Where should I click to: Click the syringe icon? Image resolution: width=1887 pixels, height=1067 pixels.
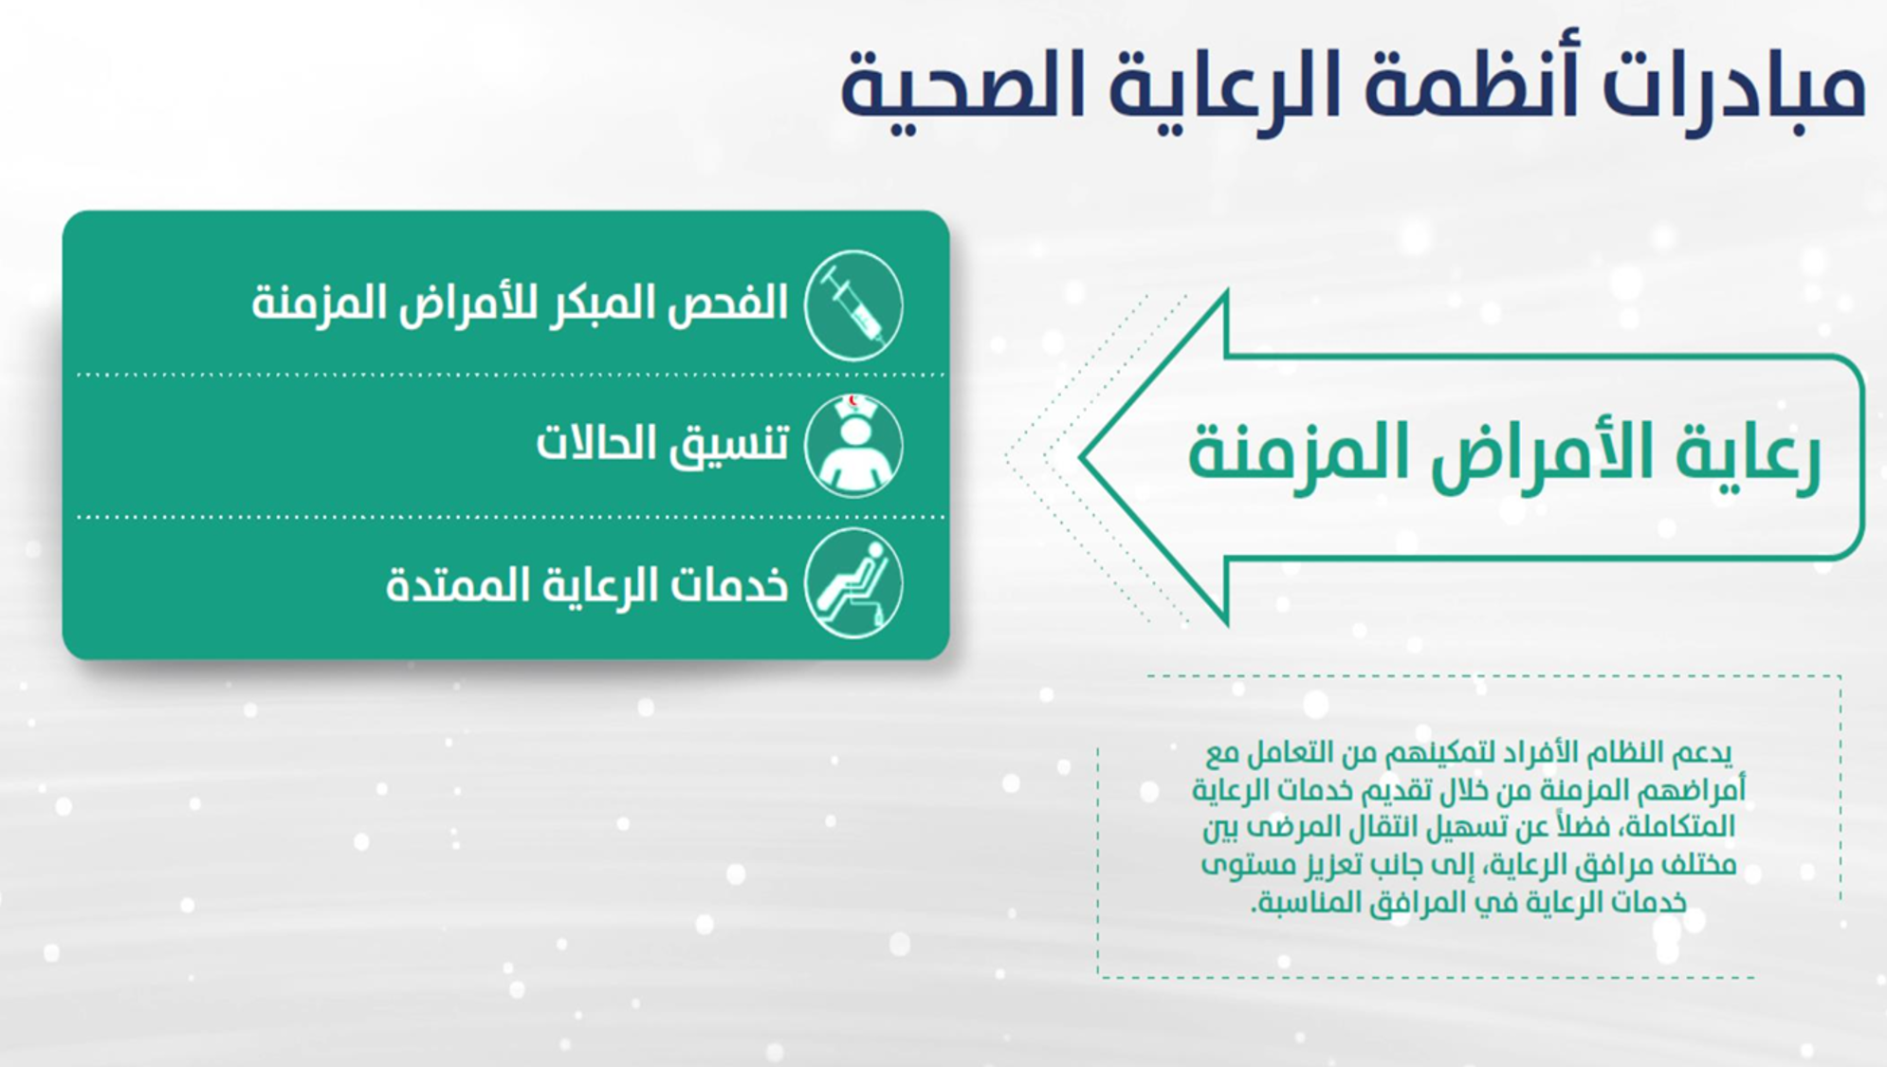[853, 305]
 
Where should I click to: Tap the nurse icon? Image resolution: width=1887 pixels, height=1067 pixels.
[853, 445]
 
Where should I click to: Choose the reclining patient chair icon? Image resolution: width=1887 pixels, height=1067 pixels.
[853, 583]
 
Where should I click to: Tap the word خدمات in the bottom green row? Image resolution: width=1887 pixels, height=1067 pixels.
[728, 584]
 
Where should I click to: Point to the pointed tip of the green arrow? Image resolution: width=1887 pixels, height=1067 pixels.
[1081, 456]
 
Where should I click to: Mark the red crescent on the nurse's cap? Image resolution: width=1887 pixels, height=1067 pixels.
[853, 401]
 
